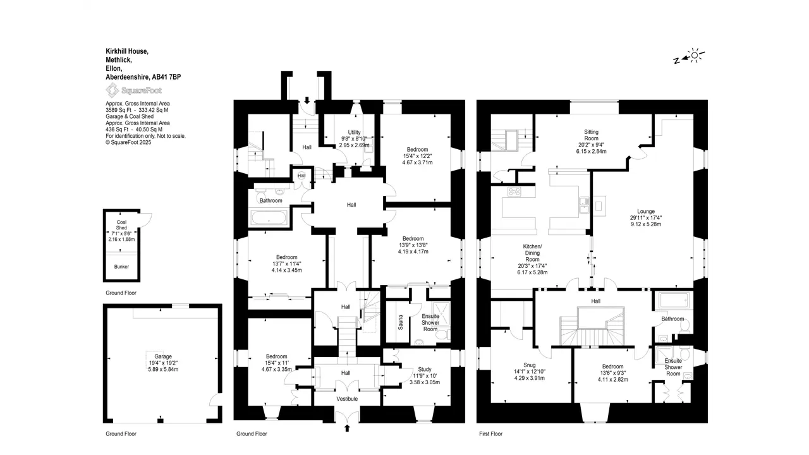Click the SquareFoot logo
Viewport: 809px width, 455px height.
133,90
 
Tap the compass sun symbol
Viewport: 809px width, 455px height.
695,55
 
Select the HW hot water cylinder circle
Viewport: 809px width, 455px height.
301,176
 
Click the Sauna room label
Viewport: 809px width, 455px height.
401,322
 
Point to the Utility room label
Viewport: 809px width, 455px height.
354,133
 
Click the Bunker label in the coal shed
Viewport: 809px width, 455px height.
121,267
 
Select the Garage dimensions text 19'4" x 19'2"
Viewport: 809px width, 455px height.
163,363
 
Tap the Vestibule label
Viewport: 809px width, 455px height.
347,399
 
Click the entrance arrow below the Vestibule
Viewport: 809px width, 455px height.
347,428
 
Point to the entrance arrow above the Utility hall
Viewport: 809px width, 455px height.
307,100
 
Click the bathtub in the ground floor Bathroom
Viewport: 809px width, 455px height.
269,218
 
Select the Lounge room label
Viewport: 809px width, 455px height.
646,211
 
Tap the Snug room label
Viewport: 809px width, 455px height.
530,365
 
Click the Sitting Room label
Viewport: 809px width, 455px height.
591,135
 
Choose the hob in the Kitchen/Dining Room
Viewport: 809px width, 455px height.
514,191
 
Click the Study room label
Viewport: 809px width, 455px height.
425,370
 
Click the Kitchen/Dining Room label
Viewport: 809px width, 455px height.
532,253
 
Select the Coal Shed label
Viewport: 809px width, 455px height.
121,225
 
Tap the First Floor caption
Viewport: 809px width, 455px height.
491,434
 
